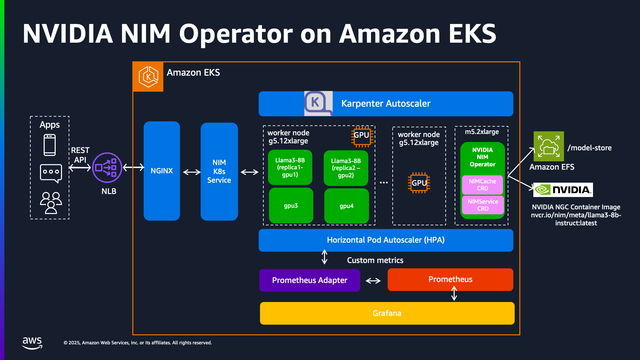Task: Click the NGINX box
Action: click(162, 171)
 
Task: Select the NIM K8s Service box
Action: click(219, 171)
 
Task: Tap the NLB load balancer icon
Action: click(107, 168)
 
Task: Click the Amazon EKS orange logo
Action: click(148, 77)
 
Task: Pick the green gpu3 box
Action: click(291, 206)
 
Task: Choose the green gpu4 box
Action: click(346, 206)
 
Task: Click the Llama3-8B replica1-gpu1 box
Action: click(290, 167)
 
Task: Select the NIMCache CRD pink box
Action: click(482, 185)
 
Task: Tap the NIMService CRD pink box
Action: click(483, 205)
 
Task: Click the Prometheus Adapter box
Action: click(310, 280)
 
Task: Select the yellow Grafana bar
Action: click(387, 313)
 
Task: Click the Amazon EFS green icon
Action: click(549, 146)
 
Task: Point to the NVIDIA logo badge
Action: click(563, 190)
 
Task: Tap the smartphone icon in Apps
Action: click(50, 145)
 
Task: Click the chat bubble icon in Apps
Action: click(51, 173)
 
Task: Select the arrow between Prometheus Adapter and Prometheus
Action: click(373, 281)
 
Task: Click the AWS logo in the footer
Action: click(32, 342)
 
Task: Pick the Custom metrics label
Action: click(375, 260)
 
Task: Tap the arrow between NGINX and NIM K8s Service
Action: click(192, 172)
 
